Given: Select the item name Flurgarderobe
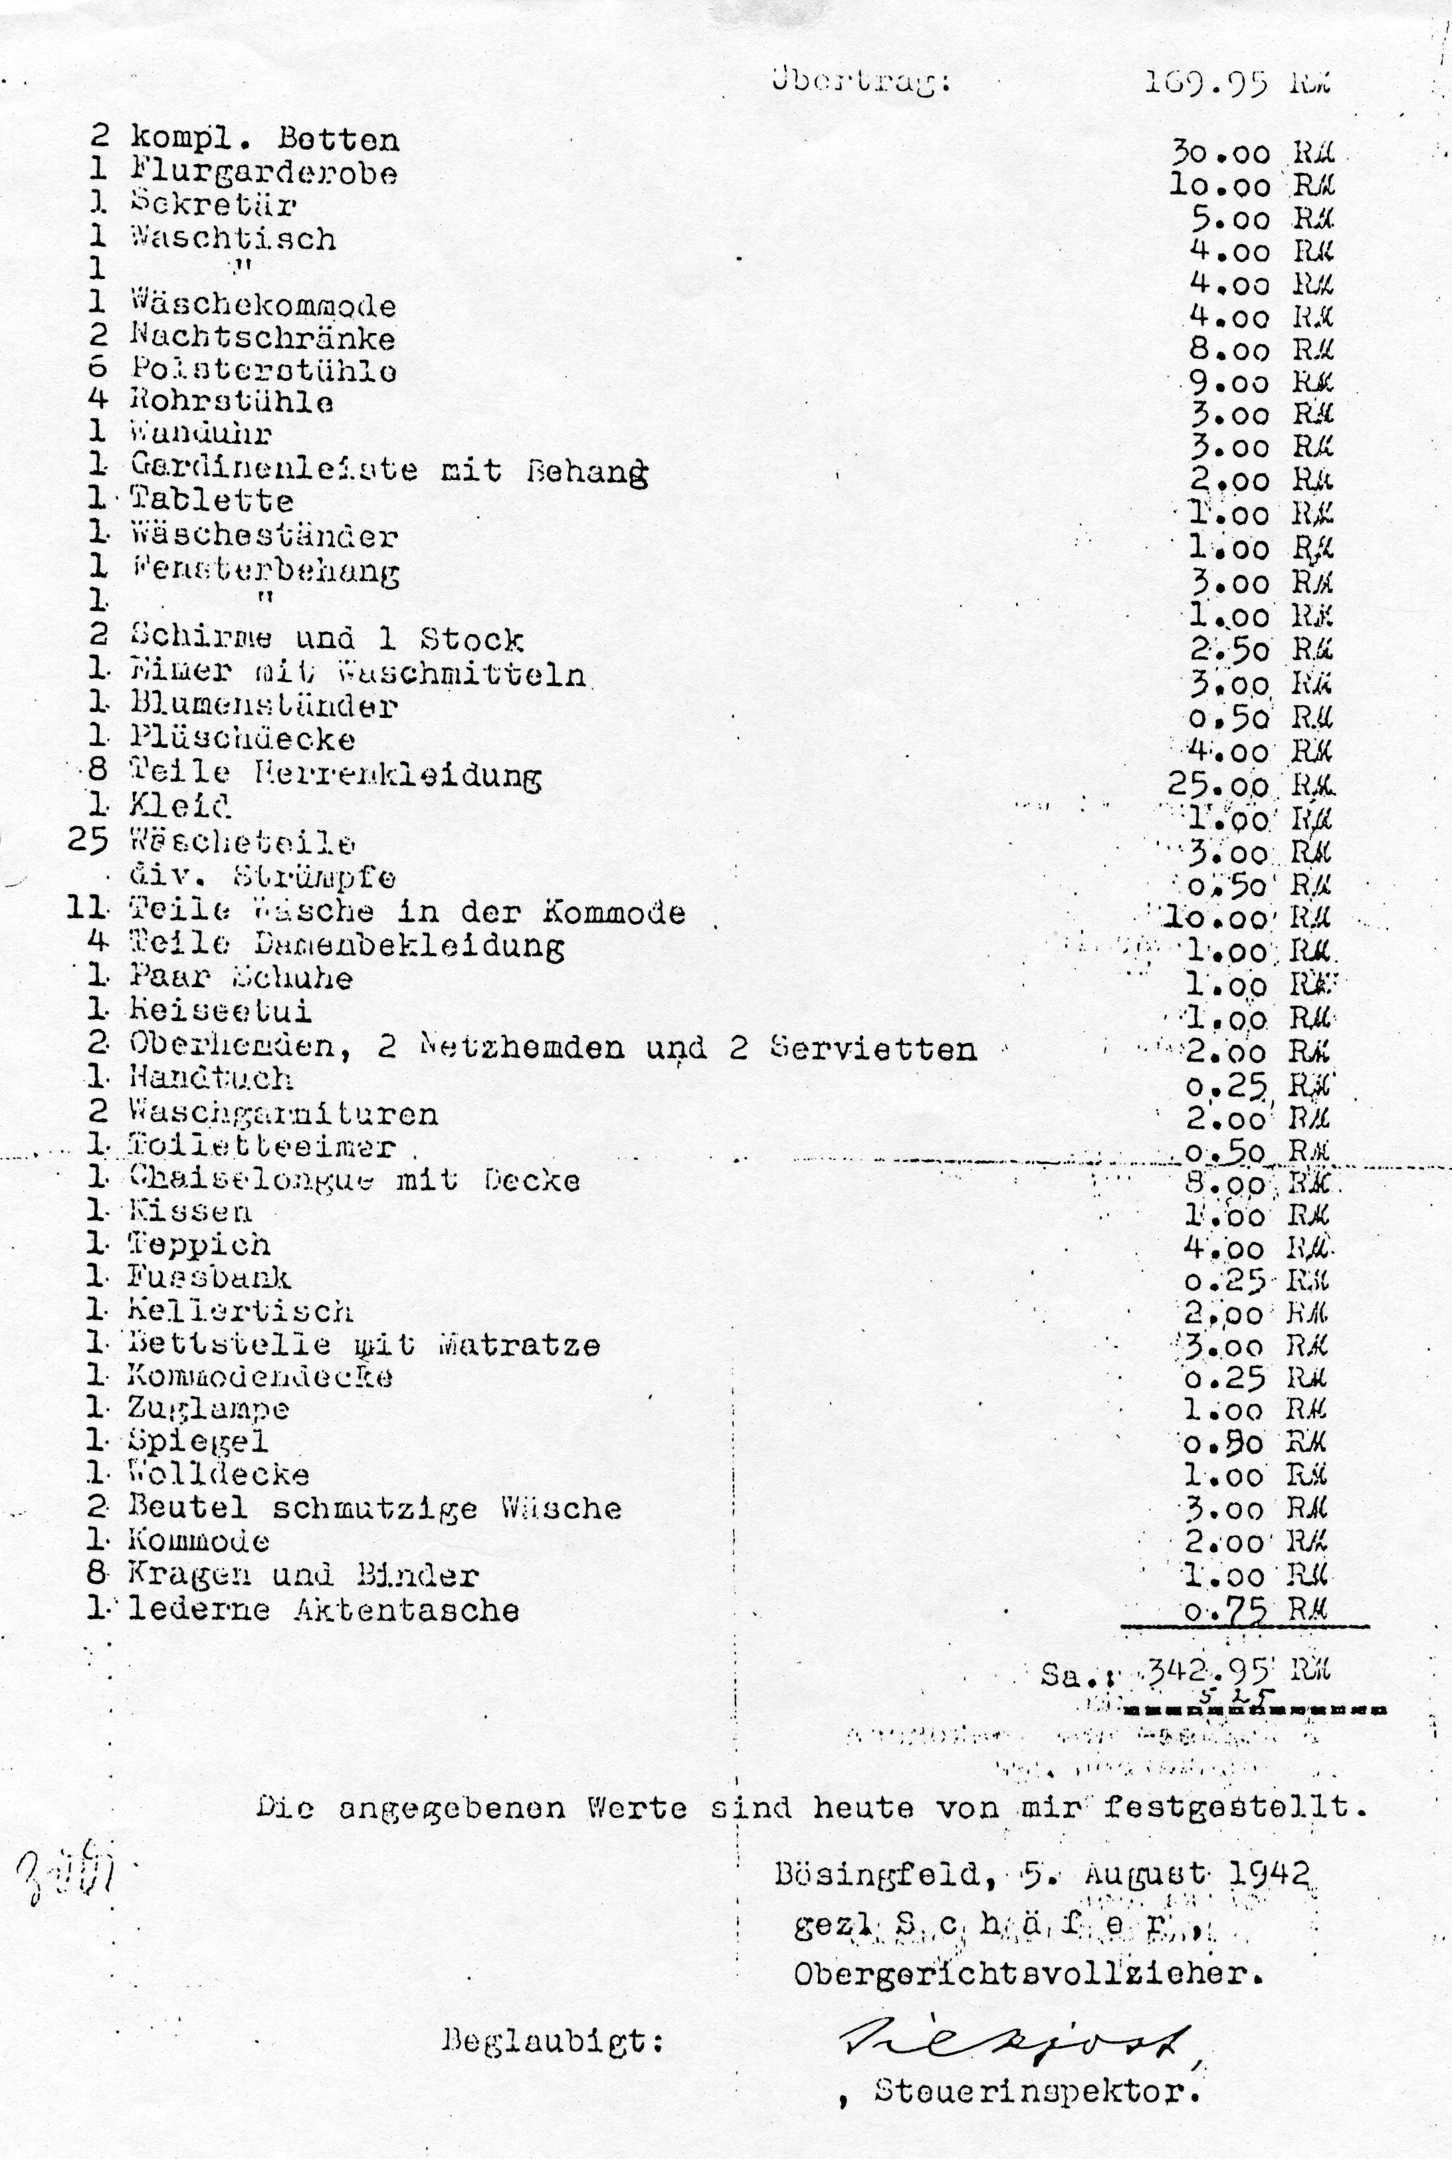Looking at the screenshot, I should pos(263,173).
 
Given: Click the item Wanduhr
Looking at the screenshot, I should pos(200,433).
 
